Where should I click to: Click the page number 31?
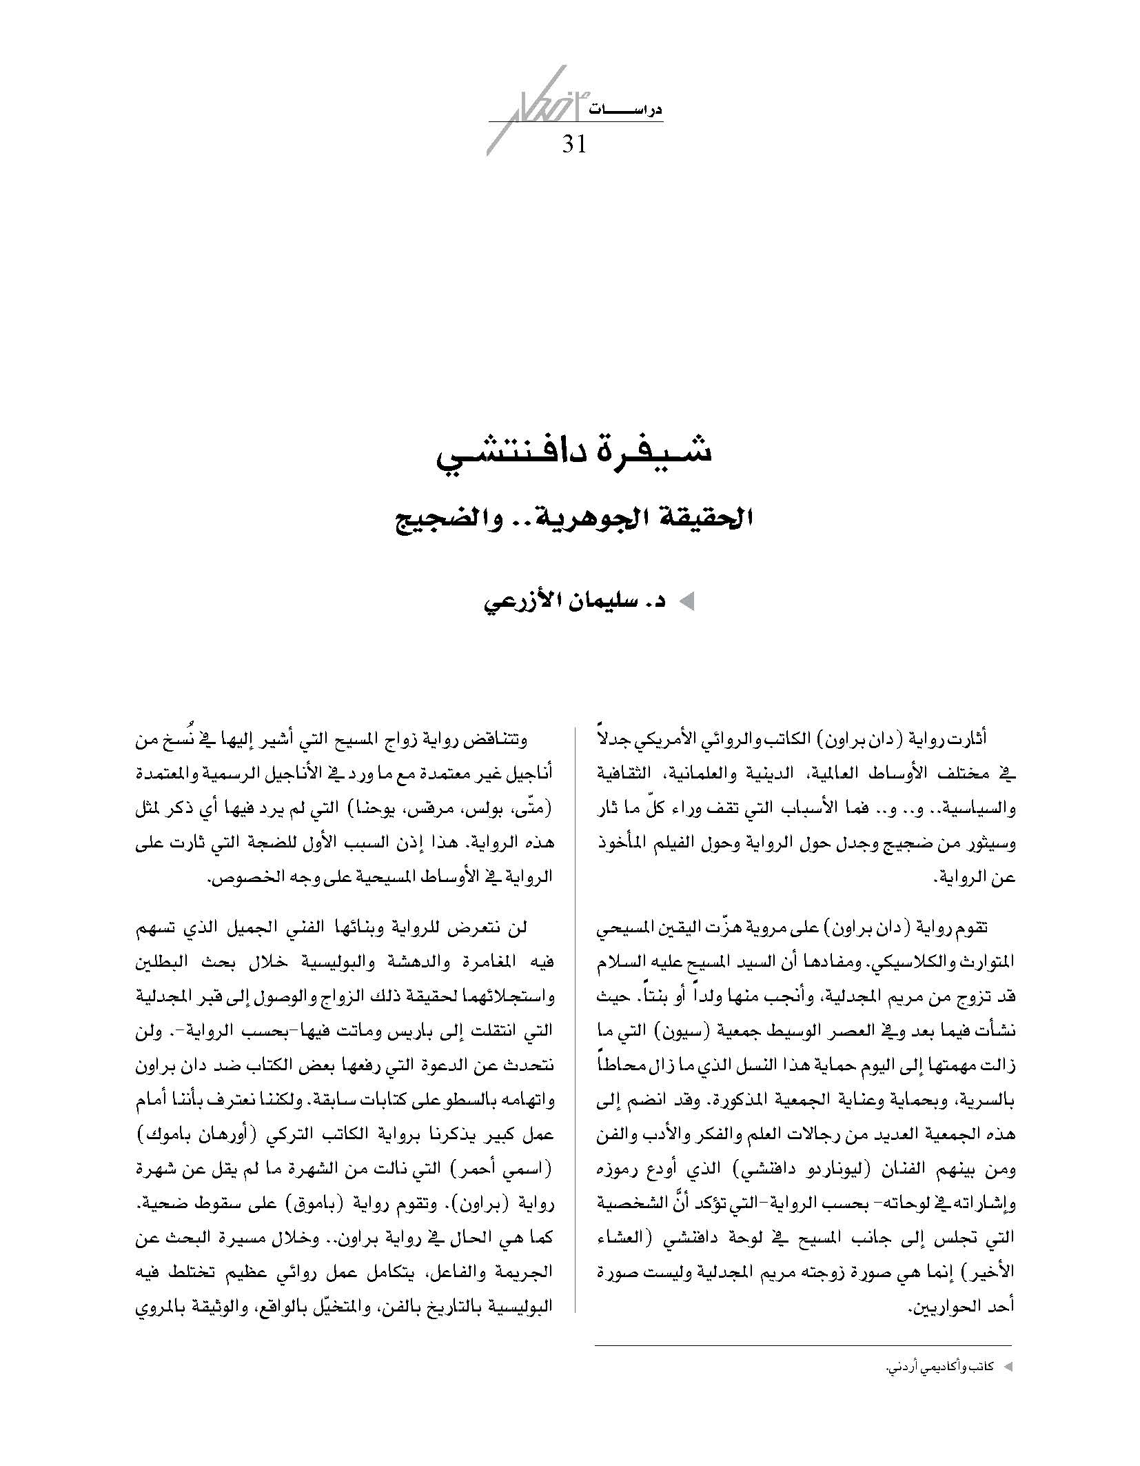click(x=573, y=144)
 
